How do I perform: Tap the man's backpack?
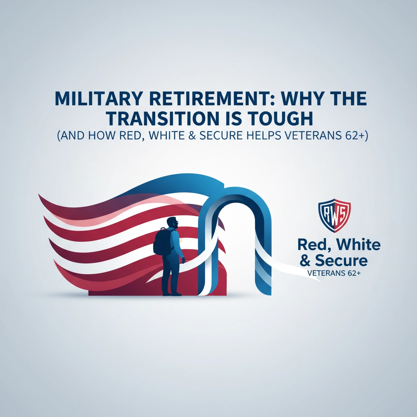click(x=160, y=242)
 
